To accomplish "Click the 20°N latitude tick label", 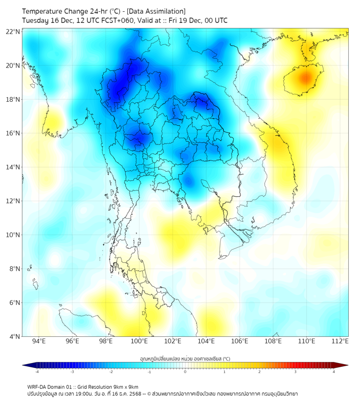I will pos(12,66).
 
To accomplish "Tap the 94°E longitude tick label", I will pos(39,341).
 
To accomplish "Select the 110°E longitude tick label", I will pos(307,341).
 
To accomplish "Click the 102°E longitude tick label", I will pos(173,341).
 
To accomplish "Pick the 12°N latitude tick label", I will pos(12,201).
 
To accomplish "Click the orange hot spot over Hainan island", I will pos(304,78).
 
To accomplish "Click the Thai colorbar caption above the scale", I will pos(184,358).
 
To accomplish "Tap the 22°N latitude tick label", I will pos(12,31).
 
